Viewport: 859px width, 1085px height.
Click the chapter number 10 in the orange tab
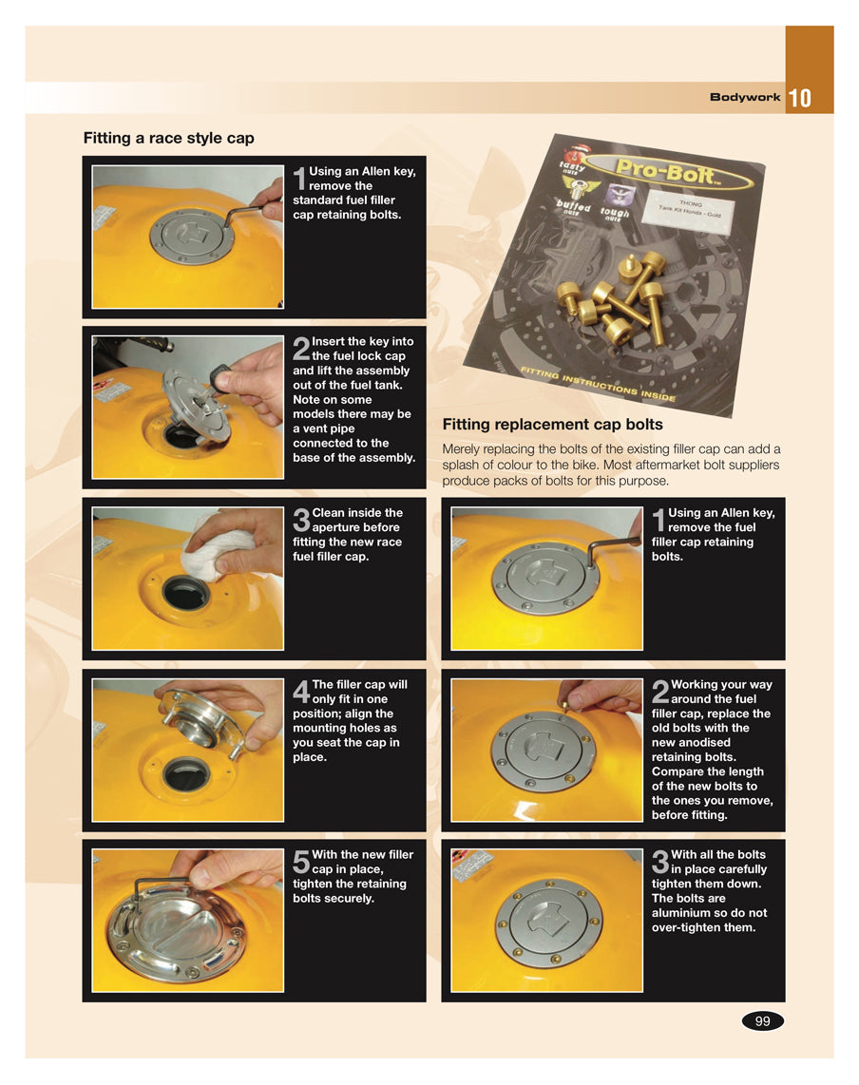click(x=799, y=98)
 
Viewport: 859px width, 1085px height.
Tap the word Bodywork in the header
click(x=745, y=98)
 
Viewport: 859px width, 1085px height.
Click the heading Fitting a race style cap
click(x=169, y=139)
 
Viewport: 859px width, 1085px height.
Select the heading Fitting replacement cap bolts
click(x=552, y=424)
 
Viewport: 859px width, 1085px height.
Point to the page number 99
click(x=762, y=1020)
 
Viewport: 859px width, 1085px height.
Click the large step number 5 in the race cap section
click(x=301, y=863)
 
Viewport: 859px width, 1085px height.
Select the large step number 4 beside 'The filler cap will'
click(x=301, y=692)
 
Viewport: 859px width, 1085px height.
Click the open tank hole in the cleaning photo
click(x=185, y=594)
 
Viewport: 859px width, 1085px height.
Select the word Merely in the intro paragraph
click(x=460, y=449)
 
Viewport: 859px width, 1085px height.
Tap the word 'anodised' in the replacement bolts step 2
click(x=702, y=742)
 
